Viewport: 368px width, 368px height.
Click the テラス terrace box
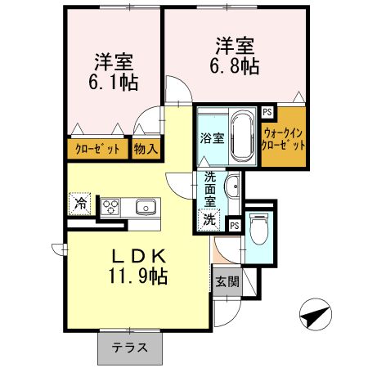130,348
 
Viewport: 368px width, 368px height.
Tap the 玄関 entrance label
227,282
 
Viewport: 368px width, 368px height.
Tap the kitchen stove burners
110,206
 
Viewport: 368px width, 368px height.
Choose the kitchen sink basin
146,206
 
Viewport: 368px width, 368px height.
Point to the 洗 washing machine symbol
211,218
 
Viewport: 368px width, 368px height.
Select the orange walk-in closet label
284,138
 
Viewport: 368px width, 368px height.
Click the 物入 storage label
146,150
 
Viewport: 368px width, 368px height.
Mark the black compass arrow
316,314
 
